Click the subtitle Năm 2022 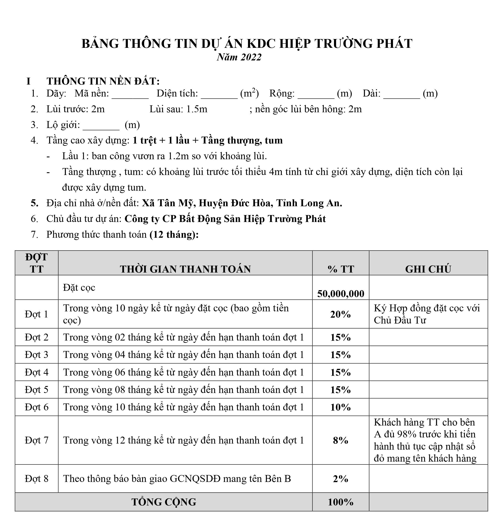[x=239, y=57]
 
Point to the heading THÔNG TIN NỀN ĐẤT [x=103, y=81]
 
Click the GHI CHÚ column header [x=428, y=269]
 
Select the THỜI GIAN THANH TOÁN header [x=185, y=269]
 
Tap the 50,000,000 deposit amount [x=341, y=294]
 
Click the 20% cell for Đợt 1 [x=341, y=314]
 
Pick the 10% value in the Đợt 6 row [x=341, y=407]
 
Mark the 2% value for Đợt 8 [x=341, y=479]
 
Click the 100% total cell [x=341, y=502]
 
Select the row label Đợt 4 [x=37, y=372]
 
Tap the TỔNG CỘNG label [x=164, y=502]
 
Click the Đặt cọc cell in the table [x=79, y=288]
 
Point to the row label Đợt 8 [x=37, y=479]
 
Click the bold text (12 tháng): [x=174, y=235]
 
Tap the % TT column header [x=341, y=269]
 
